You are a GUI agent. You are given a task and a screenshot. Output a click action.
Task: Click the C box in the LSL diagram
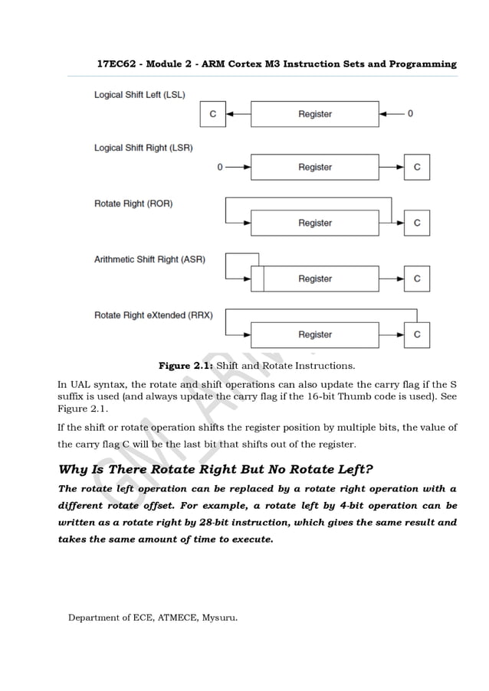(x=212, y=114)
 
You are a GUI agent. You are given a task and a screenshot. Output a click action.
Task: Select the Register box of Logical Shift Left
(x=314, y=114)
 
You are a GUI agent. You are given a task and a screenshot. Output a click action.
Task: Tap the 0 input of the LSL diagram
(x=410, y=114)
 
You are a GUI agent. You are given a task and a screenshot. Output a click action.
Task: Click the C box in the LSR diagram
(x=417, y=167)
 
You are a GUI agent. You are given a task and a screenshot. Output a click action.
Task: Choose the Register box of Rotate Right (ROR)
(x=314, y=223)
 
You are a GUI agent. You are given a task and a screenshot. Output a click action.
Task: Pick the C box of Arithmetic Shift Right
(x=417, y=279)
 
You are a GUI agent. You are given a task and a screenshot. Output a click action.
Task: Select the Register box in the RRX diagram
(x=314, y=334)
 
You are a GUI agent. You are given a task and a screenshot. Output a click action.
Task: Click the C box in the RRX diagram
(x=417, y=334)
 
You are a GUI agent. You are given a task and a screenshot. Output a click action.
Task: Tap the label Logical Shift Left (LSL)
(x=144, y=95)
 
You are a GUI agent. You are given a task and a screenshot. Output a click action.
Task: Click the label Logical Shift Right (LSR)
(x=143, y=148)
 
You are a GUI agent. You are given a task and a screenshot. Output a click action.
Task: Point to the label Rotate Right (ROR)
(x=133, y=204)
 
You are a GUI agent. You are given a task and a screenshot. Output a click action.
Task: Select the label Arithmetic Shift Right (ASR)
(x=149, y=259)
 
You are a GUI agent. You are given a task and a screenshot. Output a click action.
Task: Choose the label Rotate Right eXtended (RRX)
(x=153, y=315)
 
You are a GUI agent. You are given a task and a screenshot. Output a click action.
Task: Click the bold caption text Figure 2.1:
(x=185, y=365)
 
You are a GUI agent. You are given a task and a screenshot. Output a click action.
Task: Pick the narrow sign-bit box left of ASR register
(x=258, y=279)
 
